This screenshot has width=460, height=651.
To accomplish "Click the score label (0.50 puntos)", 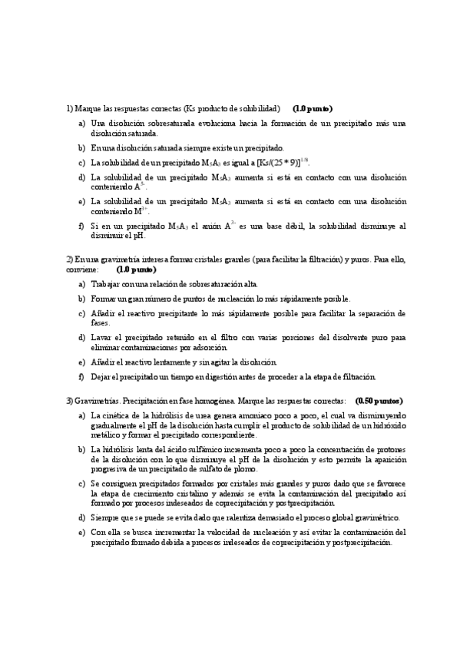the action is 379,401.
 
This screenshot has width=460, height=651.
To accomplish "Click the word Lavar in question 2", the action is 101,337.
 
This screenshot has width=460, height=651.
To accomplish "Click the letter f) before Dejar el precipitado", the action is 81,377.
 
